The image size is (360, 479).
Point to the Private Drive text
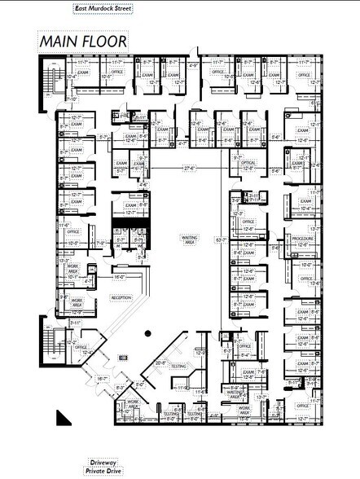[x=106, y=470]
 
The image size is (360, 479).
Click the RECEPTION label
[x=121, y=297]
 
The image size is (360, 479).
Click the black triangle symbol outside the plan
[x=62, y=418]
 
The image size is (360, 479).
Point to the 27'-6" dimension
[x=191, y=168]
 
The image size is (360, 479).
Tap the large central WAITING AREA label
[x=189, y=239]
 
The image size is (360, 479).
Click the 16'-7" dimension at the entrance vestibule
[x=103, y=378]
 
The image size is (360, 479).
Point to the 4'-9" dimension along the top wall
[x=193, y=65]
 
